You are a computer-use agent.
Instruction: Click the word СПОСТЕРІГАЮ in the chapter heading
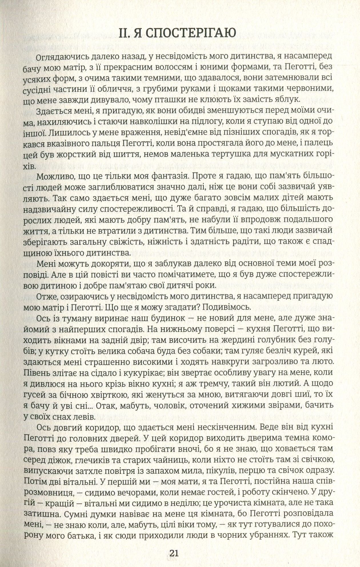(x=193, y=33)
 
